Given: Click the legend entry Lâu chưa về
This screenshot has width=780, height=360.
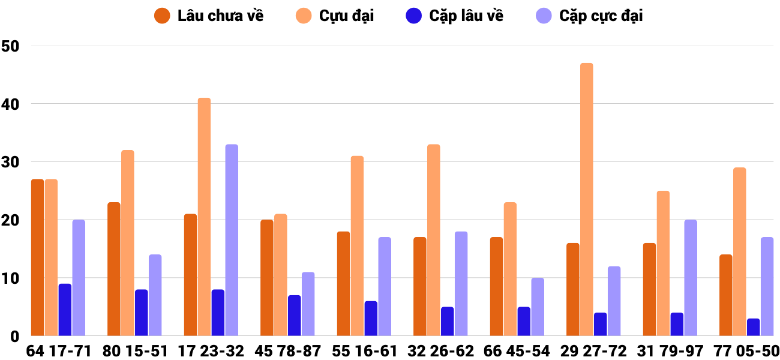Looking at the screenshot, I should pyautogui.click(x=209, y=16).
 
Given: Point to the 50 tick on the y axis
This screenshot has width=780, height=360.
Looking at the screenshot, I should pyautogui.click(x=11, y=46).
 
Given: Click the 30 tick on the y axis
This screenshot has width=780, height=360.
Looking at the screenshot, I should pyautogui.click(x=11, y=162).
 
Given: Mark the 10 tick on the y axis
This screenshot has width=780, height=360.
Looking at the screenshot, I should pyautogui.click(x=11, y=278).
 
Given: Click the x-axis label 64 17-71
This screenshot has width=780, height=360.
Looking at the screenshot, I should pyautogui.click(x=58, y=350).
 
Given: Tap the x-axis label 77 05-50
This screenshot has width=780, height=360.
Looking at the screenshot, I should pyautogui.click(x=746, y=350).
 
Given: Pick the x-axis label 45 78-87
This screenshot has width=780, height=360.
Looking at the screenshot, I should pyautogui.click(x=288, y=350).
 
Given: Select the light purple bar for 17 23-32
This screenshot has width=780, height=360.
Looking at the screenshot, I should pyautogui.click(x=232, y=240).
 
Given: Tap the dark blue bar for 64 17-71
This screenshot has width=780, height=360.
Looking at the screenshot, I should pyautogui.click(x=65, y=310).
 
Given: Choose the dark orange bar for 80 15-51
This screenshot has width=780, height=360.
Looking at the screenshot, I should pyautogui.click(x=114, y=269).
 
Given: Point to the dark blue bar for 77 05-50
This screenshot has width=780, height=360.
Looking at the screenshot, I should pyautogui.click(x=754, y=327).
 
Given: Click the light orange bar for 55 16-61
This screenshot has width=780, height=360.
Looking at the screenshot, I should pyautogui.click(x=357, y=246).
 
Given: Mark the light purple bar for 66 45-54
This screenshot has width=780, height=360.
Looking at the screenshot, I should pyautogui.click(x=538, y=307).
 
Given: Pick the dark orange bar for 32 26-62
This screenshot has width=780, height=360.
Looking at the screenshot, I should pyautogui.click(x=420, y=286).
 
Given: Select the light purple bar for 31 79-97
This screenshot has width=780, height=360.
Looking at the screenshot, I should pyautogui.click(x=691, y=278).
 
